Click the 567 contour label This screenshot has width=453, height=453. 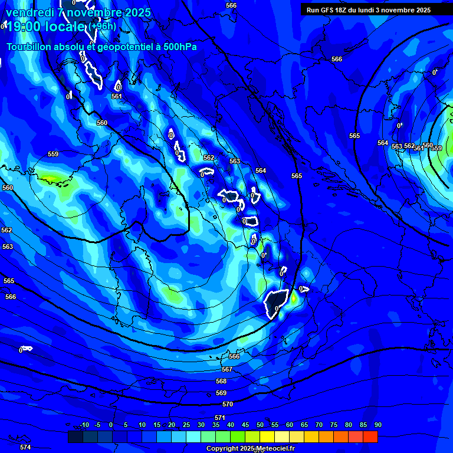pyautogui.click(x=227, y=369)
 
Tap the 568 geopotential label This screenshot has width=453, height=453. pyautogui.click(x=221, y=381)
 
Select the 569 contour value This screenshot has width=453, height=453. pyautogui.click(x=221, y=393)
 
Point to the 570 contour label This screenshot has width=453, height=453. pyautogui.click(x=228, y=404)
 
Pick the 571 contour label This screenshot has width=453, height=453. pyautogui.click(x=219, y=418)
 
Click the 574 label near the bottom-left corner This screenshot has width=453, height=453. pyautogui.click(x=25, y=447)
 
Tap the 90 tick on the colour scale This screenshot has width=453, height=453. pyautogui.click(x=377, y=425)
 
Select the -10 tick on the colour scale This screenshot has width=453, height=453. pyautogui.click(x=84, y=425)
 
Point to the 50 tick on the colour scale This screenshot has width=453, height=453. pyautogui.click(x=260, y=425)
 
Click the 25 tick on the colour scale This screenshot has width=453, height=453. pyautogui.click(x=186, y=425)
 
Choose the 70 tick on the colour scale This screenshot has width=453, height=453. pyautogui.click(x=319, y=425)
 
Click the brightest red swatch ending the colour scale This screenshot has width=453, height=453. pyautogui.click(x=370, y=436)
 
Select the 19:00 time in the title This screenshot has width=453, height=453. pyautogui.click(x=24, y=27)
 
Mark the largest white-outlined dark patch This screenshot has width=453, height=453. pyautogui.click(x=275, y=303)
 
